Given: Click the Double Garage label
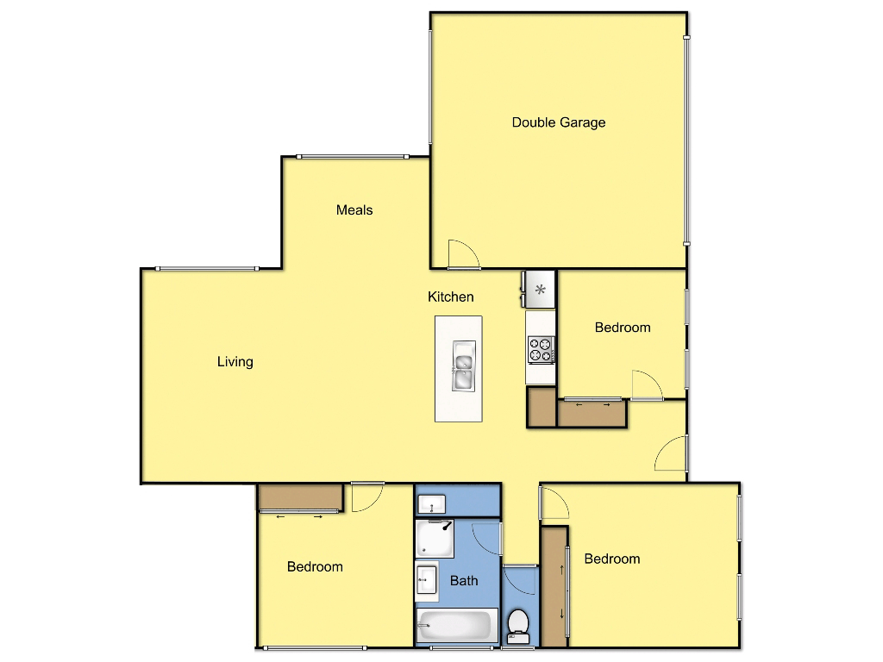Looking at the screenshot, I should pos(559,122).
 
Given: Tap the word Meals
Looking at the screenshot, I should pos(354,209).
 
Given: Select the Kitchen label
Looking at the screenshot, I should pos(451,297).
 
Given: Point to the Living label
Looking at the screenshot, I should pos(235,361).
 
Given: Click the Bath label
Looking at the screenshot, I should pos(464,580).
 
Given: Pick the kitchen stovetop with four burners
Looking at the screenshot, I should pos(542,349).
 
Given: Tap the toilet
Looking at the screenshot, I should pos(518,626).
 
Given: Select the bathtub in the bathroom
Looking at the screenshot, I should pos(457,625).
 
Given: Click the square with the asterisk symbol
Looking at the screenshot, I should pos(541,290).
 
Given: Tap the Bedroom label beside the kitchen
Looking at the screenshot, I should pos(623,328).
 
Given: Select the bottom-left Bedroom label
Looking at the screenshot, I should pos(315,566).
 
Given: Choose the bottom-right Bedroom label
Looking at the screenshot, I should pos(612,559).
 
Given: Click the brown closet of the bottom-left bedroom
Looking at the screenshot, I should pos(300,497).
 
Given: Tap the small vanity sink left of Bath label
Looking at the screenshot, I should pos(427,579).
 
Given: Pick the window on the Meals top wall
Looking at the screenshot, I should pos(351,156).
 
